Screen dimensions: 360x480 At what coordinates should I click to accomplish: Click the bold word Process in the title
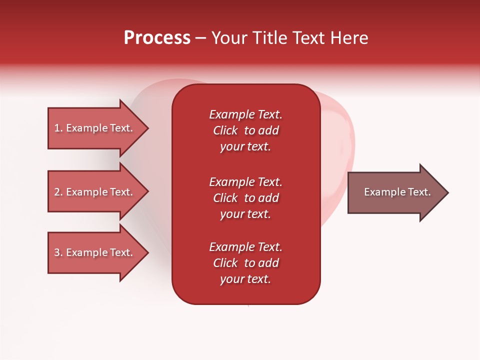point(157,38)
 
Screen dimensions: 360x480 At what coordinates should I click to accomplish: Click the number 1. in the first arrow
point(58,128)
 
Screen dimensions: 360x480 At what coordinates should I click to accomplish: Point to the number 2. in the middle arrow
point(58,192)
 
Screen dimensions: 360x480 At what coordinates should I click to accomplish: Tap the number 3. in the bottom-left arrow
point(58,252)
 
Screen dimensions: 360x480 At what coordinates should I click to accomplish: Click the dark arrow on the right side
point(395,192)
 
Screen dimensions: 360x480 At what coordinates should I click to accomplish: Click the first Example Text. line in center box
point(245,114)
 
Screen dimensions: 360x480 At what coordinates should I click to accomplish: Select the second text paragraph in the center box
point(245,198)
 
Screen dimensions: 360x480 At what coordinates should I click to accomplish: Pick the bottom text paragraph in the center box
point(245,263)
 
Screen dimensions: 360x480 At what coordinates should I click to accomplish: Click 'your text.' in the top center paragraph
point(245,147)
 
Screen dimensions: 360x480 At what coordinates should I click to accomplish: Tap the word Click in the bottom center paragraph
point(225,263)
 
